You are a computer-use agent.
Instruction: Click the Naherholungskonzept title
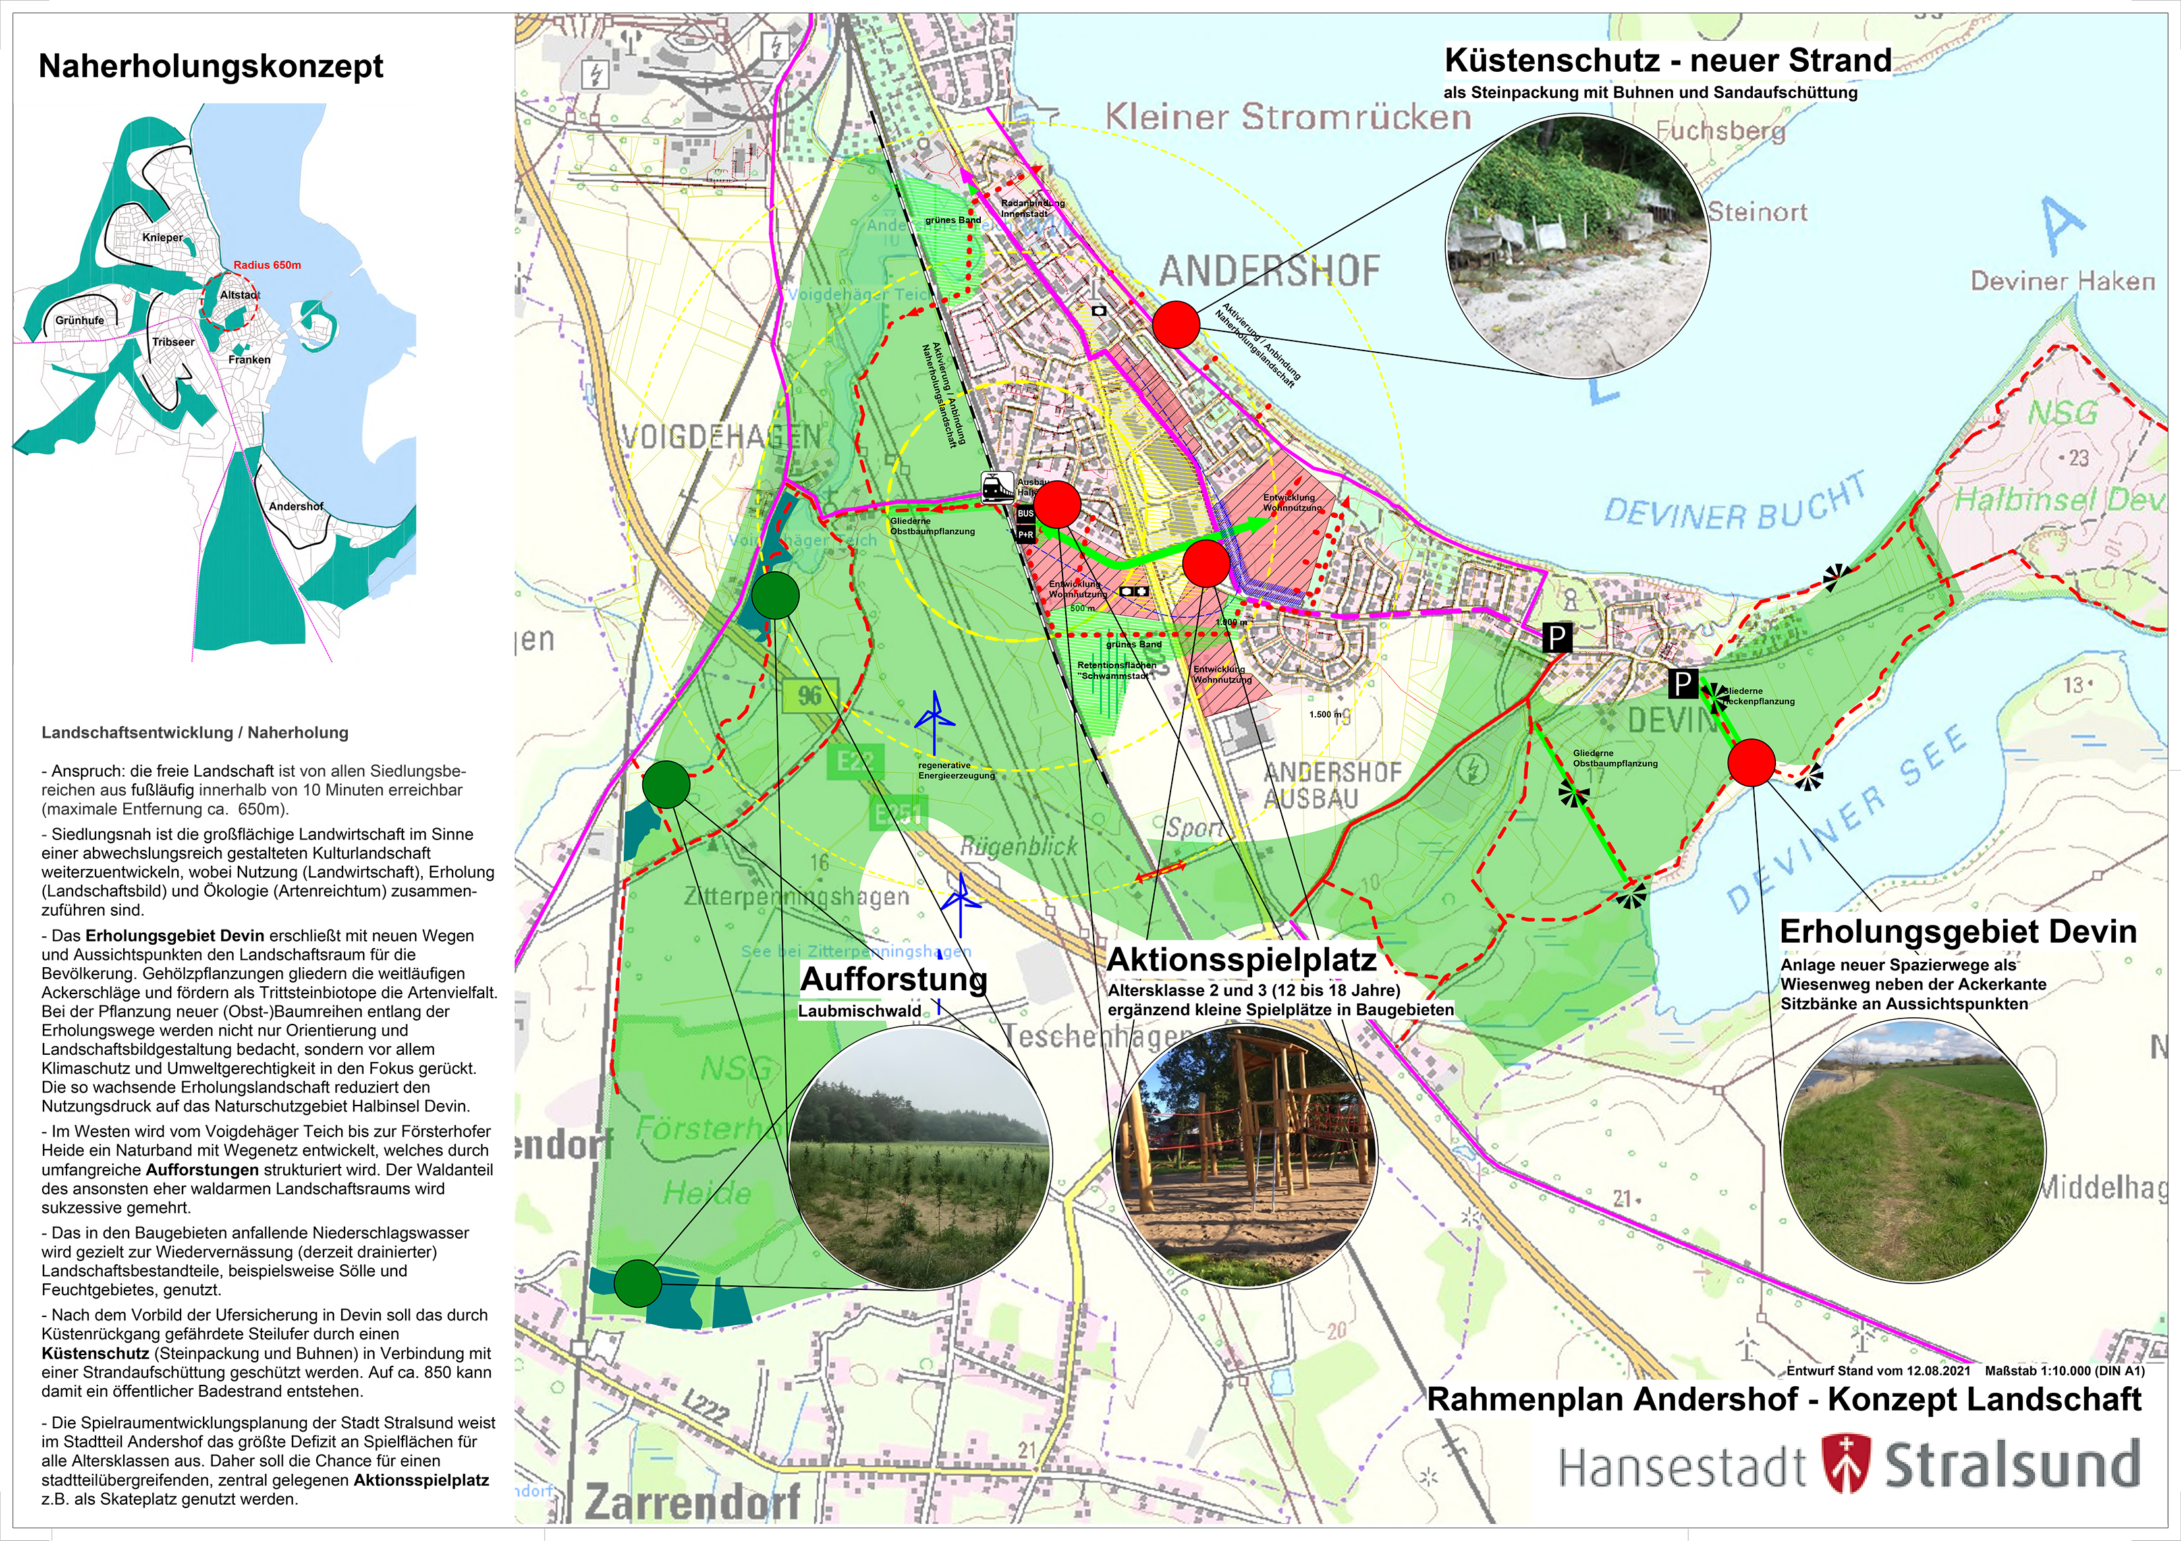[210, 67]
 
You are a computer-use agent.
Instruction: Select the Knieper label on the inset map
[163, 238]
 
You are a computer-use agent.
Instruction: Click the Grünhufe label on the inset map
[80, 320]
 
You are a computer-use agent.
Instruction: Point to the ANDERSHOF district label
[1269, 271]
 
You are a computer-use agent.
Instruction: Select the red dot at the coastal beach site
[1176, 325]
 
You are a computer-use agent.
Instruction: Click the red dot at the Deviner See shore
[1751, 762]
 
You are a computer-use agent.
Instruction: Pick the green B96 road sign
[810, 694]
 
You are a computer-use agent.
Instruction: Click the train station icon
[997, 488]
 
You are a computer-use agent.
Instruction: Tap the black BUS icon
[1025, 514]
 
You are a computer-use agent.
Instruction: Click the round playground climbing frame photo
[1244, 1156]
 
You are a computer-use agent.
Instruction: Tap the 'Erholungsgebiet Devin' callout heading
[1958, 931]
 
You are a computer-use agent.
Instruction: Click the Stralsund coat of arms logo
[1846, 1464]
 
